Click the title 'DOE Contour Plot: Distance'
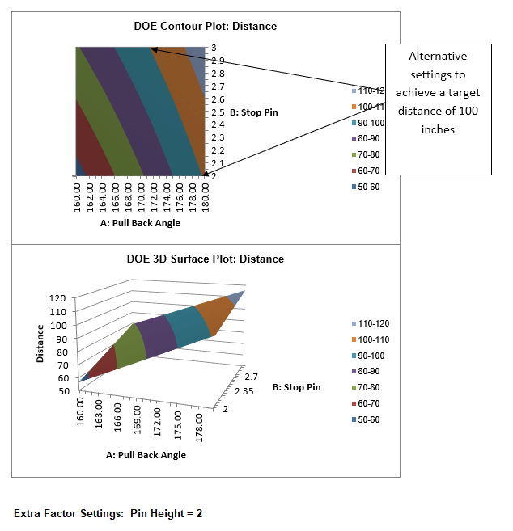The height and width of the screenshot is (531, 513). (x=205, y=26)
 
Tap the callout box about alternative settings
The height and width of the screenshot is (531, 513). (x=438, y=109)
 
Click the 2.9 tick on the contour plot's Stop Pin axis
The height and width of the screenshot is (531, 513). (x=218, y=61)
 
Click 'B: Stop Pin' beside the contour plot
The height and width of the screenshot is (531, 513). (x=254, y=112)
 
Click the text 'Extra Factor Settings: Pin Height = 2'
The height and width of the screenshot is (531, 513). (x=108, y=513)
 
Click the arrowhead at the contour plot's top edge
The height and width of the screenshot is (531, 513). (x=155, y=49)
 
